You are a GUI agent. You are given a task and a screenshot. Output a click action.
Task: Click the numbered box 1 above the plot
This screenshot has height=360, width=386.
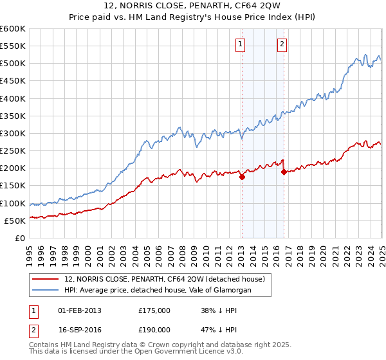coord(240,44)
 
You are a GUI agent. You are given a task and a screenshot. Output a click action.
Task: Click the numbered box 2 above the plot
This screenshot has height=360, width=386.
coord(282,44)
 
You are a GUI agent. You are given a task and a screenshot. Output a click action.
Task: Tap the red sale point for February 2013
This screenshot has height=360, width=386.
coord(242,177)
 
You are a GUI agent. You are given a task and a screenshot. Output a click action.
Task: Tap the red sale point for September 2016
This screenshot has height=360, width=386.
coord(284,172)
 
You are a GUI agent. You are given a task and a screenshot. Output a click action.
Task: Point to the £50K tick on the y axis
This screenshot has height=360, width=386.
coord(15,221)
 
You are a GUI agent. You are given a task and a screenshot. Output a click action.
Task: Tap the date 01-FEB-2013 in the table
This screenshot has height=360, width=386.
coord(79,310)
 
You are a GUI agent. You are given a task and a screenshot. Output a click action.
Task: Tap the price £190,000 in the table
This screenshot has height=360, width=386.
coord(154,331)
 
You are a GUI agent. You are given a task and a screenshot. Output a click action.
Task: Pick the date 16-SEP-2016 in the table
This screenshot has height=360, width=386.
coord(79,331)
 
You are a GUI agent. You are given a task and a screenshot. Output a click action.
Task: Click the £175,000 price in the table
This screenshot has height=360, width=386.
coord(154,310)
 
